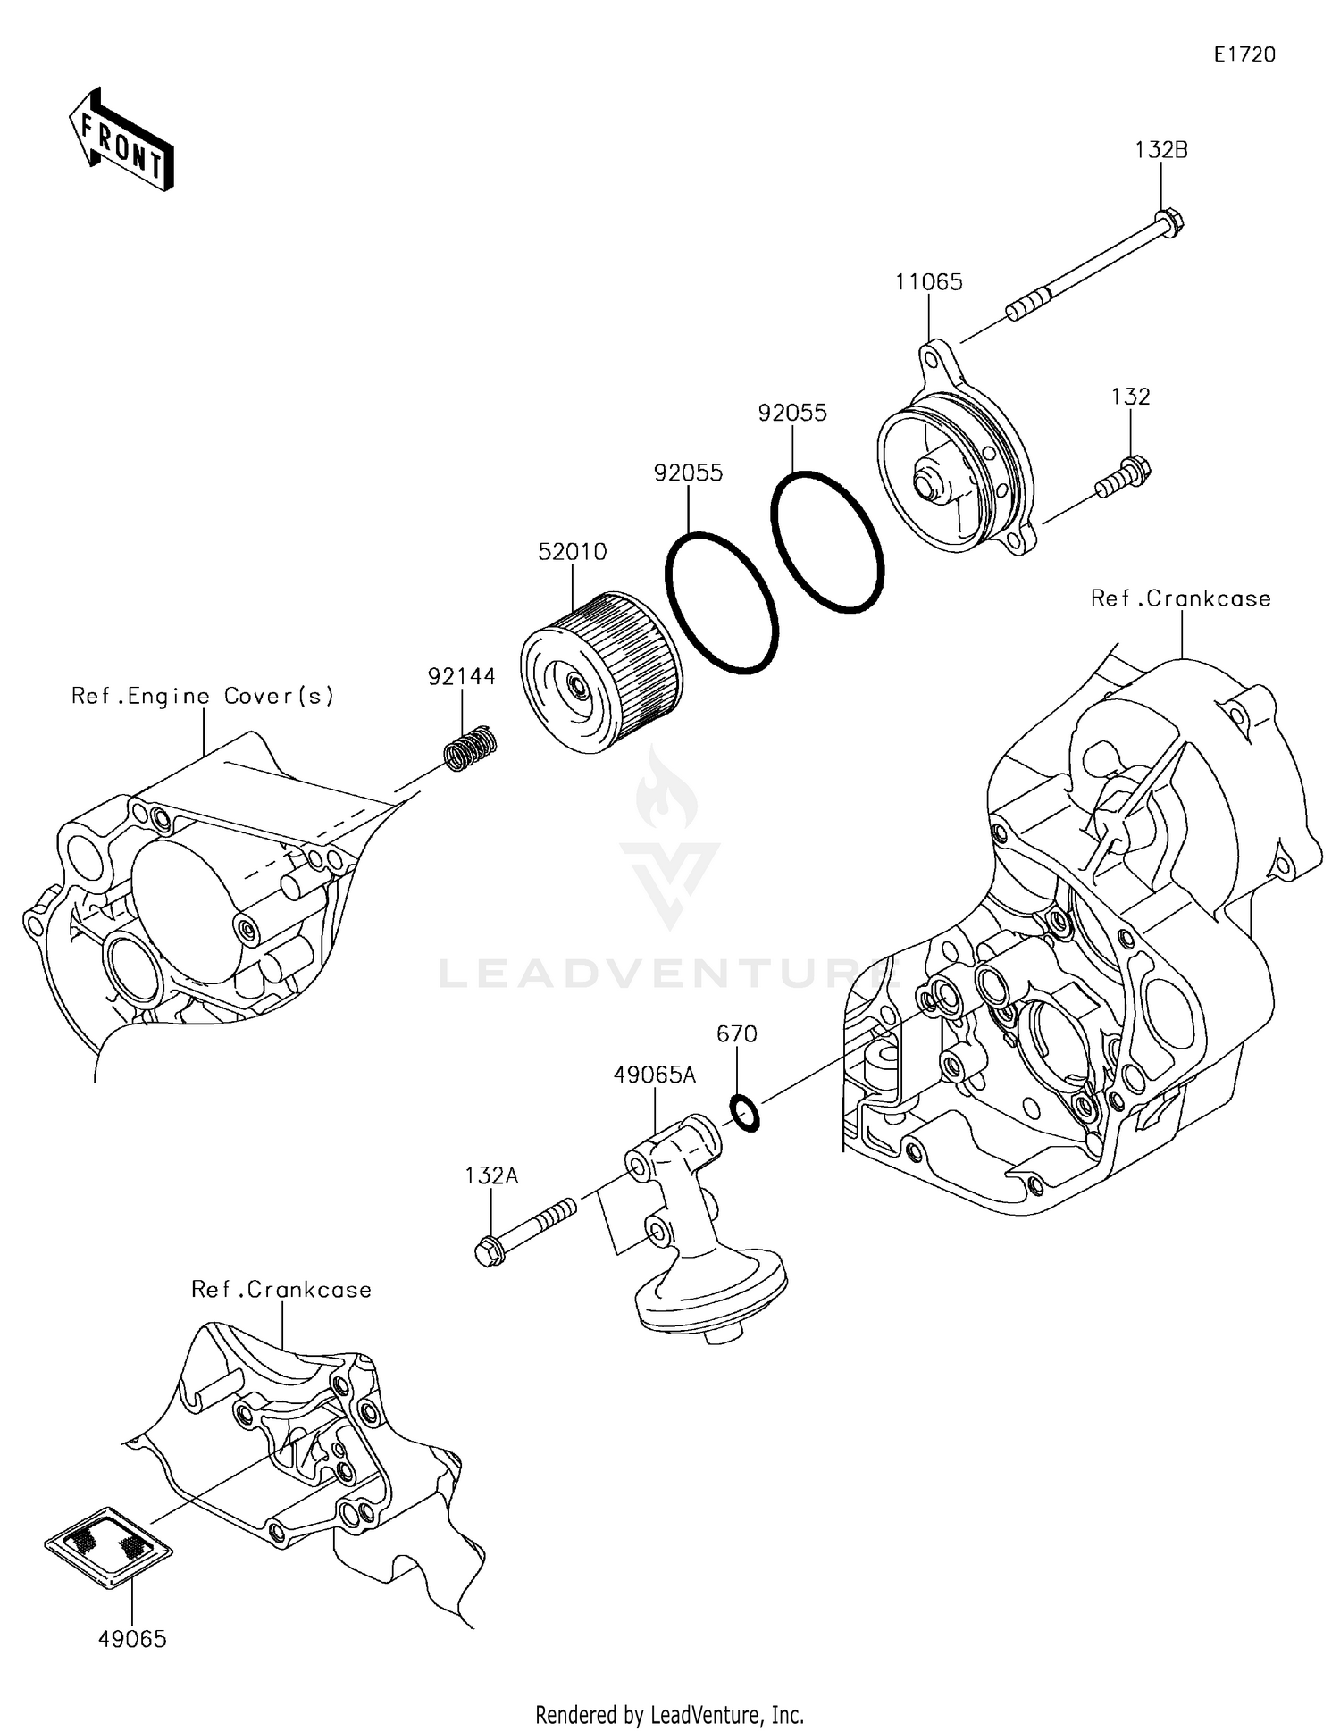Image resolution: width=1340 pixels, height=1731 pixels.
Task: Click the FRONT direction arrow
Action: (x=121, y=139)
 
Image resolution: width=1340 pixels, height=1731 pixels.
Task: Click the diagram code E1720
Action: (x=1244, y=54)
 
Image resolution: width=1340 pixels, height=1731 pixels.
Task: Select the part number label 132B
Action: (x=1160, y=150)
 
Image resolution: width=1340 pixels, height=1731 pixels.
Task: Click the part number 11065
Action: (x=928, y=282)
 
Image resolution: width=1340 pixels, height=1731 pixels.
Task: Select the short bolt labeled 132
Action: (x=1123, y=476)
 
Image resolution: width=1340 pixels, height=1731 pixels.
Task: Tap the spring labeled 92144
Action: (x=471, y=747)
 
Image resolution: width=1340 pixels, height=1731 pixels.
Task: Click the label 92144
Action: (x=461, y=677)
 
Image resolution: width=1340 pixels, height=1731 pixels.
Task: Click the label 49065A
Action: (x=654, y=1075)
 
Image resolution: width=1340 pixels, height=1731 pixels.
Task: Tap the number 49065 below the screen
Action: (x=132, y=1638)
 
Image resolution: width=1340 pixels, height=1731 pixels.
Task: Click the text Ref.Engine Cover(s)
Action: (x=203, y=696)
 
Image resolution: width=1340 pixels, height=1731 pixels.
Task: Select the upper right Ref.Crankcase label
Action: (x=1180, y=598)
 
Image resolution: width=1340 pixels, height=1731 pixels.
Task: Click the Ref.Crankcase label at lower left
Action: (x=281, y=1289)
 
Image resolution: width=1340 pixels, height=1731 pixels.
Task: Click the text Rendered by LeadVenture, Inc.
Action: (x=669, y=1714)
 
